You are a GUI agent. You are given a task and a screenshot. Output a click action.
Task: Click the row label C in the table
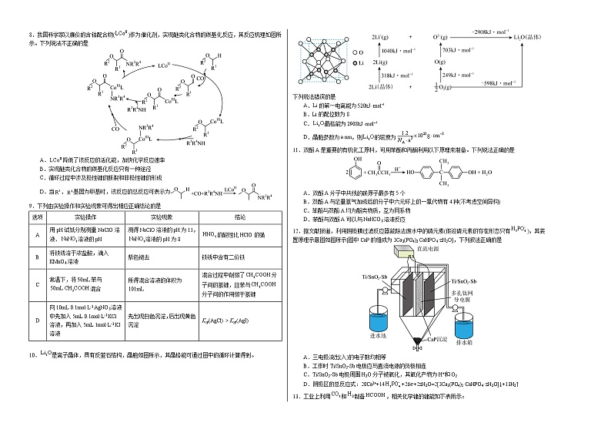pyautogui.click(x=36, y=284)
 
